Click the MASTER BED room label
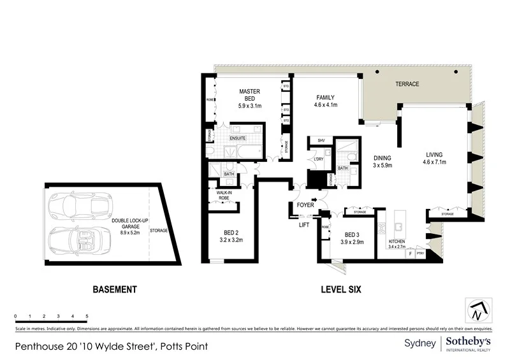click(x=249, y=96)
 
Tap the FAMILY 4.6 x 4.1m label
click(x=326, y=101)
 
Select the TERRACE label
click(x=407, y=83)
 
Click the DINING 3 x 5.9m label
click(x=382, y=162)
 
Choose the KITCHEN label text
click(x=398, y=242)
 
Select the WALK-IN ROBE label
click(x=223, y=194)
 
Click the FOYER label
click(x=305, y=205)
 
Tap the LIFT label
click(x=304, y=224)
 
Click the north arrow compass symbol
click(x=477, y=310)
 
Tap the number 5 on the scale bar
click(x=87, y=316)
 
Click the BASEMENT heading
click(x=115, y=289)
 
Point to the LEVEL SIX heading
click(x=341, y=289)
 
